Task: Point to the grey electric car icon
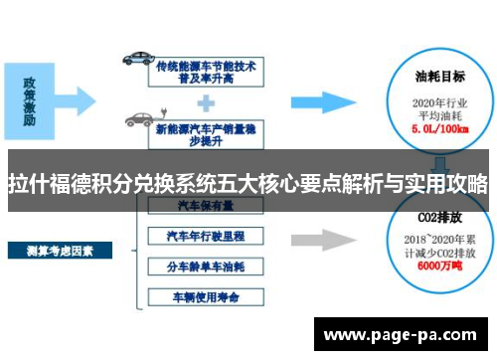click(x=138, y=120)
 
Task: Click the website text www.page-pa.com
click(x=403, y=334)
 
